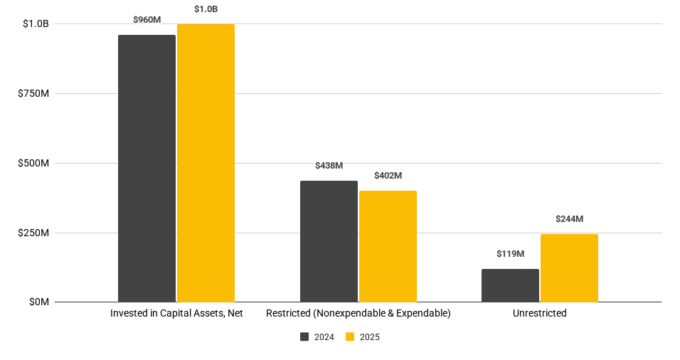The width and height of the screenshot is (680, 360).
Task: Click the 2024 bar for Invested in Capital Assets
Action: pos(147,169)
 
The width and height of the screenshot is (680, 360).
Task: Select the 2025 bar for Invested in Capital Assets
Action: pos(206,163)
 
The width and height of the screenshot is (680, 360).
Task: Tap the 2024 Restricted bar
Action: pos(329,241)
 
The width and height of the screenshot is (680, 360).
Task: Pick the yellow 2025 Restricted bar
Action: pos(388,246)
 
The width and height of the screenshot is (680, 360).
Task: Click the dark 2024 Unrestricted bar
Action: pos(510,285)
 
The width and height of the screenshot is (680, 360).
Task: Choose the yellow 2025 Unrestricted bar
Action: pos(569,268)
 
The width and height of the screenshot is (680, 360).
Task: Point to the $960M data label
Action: pos(147,20)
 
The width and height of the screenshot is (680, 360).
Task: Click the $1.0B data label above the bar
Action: pos(206,9)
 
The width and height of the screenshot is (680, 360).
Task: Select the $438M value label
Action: pos(329,166)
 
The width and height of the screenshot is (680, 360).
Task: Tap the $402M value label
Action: pos(388,176)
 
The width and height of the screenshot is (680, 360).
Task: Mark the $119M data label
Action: pos(510,254)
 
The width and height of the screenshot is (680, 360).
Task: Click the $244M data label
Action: pos(569,219)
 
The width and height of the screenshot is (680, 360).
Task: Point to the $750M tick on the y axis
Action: pos(33,94)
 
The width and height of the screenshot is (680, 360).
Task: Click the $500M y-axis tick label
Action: pos(33,164)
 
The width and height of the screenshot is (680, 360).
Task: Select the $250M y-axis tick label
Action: pos(33,233)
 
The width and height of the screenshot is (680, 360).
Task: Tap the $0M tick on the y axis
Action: pos(38,302)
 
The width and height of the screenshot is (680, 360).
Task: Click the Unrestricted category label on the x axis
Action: pos(539,314)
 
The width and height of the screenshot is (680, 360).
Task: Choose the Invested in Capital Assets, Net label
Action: pos(176,314)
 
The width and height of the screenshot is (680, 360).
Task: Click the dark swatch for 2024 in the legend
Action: pos(304,337)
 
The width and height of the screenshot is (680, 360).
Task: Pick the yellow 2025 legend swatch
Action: pos(350,337)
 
